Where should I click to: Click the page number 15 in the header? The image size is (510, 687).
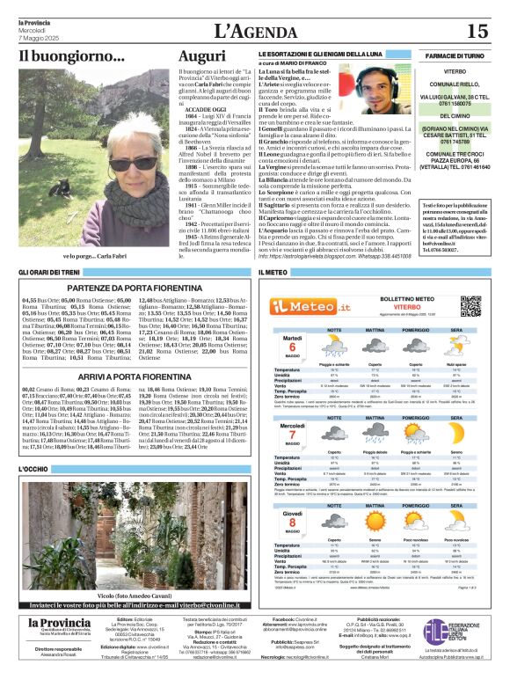point(477,31)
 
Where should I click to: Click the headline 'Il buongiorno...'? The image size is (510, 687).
point(60,57)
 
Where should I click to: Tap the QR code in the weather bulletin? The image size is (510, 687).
point(470,306)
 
